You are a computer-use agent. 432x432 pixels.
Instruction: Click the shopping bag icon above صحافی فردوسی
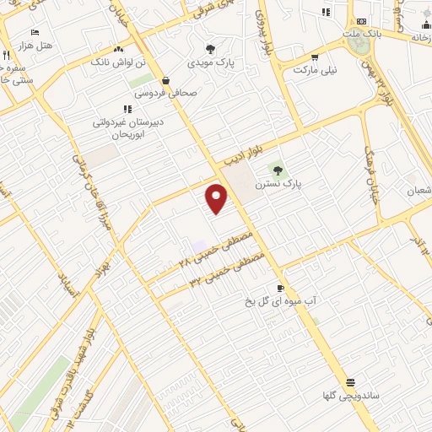coord(166,81)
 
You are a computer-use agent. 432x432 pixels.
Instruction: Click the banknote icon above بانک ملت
coord(361,21)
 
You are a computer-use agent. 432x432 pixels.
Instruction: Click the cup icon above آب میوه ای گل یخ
coord(281,288)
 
